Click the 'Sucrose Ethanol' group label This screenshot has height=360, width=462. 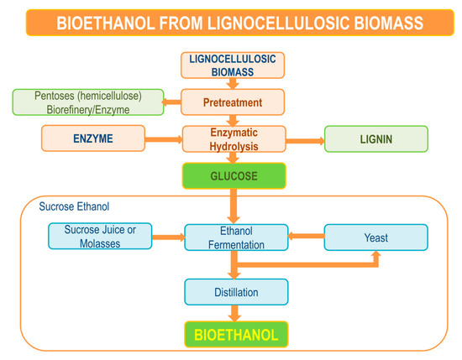coord(73,206)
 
